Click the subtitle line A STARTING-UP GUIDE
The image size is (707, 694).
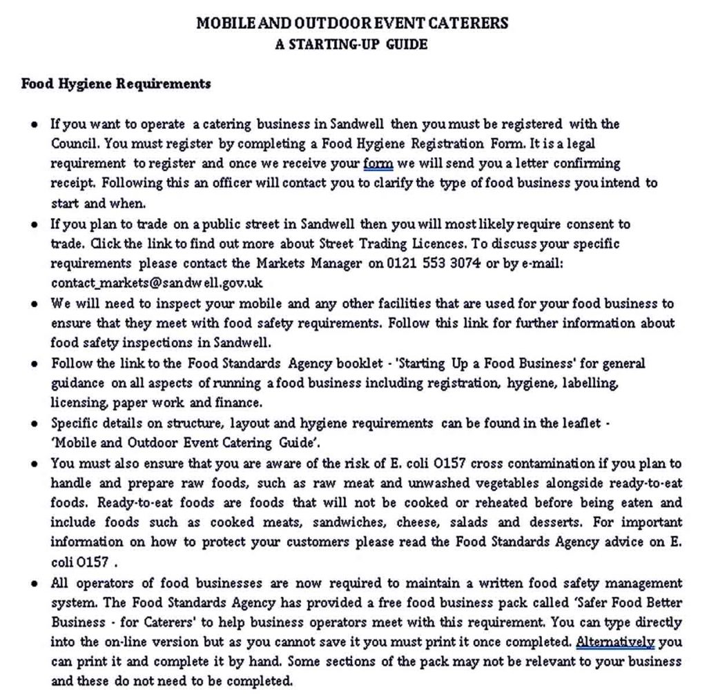351,44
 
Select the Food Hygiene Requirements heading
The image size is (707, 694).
116,84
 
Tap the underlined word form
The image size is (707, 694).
378,163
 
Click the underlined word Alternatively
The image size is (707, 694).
615,642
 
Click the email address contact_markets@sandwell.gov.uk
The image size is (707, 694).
157,283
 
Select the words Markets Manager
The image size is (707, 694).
309,263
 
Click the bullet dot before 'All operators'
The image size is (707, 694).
35,584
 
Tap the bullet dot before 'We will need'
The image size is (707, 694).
35,304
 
